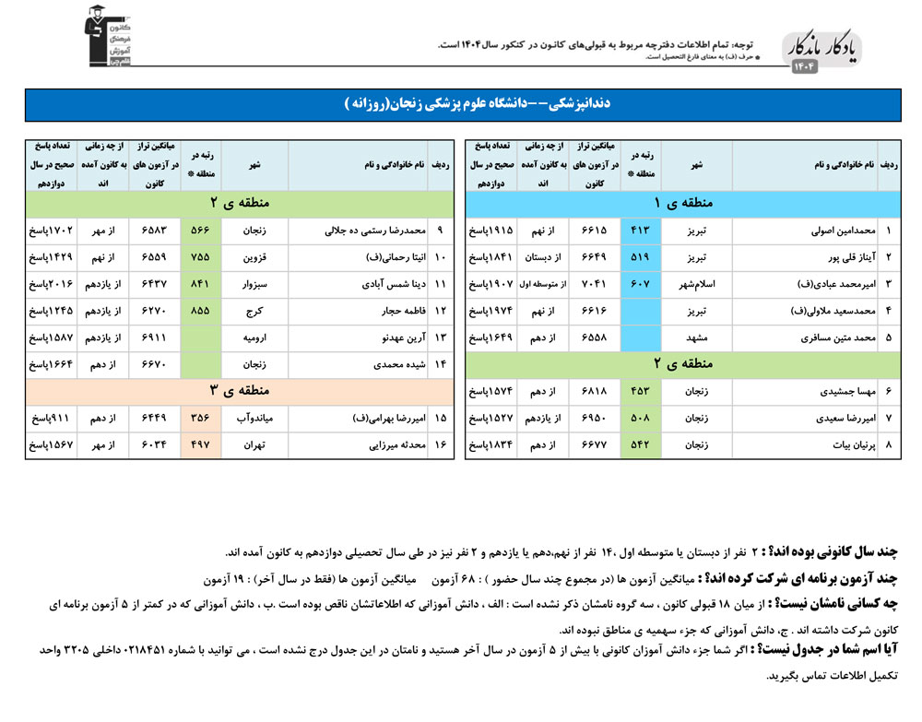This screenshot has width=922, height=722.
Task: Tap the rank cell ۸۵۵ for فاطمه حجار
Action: [x=200, y=312]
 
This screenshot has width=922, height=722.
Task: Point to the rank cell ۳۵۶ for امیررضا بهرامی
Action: [x=200, y=418]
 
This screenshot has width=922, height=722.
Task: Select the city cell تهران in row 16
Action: [x=254, y=444]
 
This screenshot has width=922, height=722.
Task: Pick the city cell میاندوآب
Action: [x=254, y=418]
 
